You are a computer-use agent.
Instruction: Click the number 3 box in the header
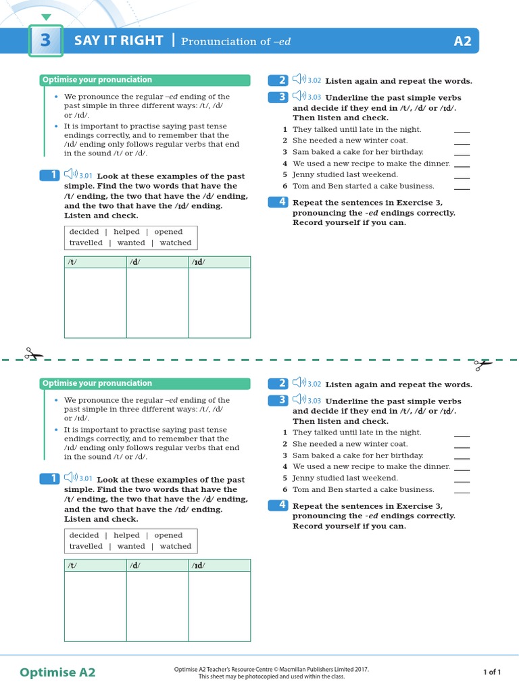click(45, 41)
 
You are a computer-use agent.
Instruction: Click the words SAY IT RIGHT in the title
click(118, 41)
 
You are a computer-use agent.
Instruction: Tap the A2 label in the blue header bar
click(462, 41)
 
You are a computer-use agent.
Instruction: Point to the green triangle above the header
click(45, 17)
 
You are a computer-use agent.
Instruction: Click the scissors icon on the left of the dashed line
click(34, 354)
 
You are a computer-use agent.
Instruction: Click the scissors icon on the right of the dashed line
click(483, 364)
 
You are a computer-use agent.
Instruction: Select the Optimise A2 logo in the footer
click(57, 672)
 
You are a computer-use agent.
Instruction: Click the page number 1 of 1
click(492, 672)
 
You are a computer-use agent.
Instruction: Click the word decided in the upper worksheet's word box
click(84, 232)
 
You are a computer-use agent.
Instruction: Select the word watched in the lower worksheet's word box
click(176, 546)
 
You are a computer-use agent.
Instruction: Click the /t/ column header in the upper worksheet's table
click(72, 262)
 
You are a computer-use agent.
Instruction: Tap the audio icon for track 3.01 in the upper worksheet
click(70, 175)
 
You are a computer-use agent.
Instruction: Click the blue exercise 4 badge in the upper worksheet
click(278, 201)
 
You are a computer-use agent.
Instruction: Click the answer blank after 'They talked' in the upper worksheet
click(462, 130)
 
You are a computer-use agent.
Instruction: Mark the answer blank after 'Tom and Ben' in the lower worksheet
click(462, 491)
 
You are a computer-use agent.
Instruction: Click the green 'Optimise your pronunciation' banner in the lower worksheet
click(145, 383)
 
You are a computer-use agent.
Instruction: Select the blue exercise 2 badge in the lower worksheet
click(278, 383)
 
